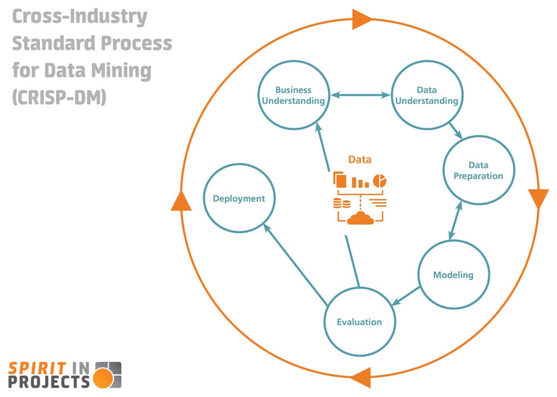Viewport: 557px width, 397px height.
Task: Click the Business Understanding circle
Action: [293, 95]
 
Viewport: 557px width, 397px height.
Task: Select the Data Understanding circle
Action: [426, 95]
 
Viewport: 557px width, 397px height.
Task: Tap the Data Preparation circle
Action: [478, 171]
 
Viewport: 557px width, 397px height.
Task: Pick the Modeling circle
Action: [453, 275]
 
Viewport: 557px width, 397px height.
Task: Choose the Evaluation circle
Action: [359, 322]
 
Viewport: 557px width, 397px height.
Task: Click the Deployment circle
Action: [238, 198]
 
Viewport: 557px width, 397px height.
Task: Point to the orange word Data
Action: [360, 159]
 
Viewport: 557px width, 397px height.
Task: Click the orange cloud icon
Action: [360, 218]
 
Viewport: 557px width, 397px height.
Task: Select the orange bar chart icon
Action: [360, 182]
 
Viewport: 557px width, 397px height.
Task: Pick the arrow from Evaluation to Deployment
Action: [295, 264]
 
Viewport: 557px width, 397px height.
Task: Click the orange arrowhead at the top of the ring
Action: [361, 19]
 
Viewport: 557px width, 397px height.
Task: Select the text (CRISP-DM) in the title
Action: [58, 98]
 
